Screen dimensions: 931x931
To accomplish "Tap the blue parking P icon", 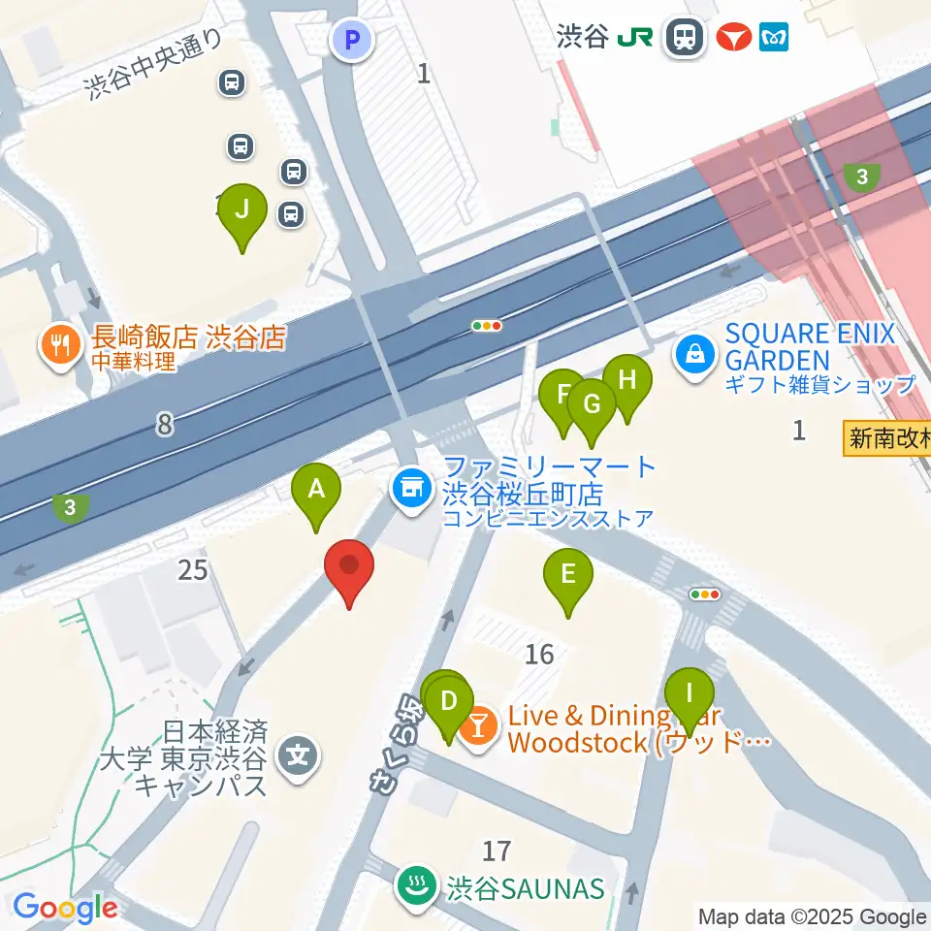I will [x=352, y=40].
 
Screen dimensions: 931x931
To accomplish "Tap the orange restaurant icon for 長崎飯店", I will [x=61, y=346].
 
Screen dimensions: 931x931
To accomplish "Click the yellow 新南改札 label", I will [x=885, y=438].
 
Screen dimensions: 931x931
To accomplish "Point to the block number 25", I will [x=193, y=570].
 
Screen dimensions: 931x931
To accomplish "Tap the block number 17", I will [x=496, y=851].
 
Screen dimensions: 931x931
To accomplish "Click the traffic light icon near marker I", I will [x=704, y=594].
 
